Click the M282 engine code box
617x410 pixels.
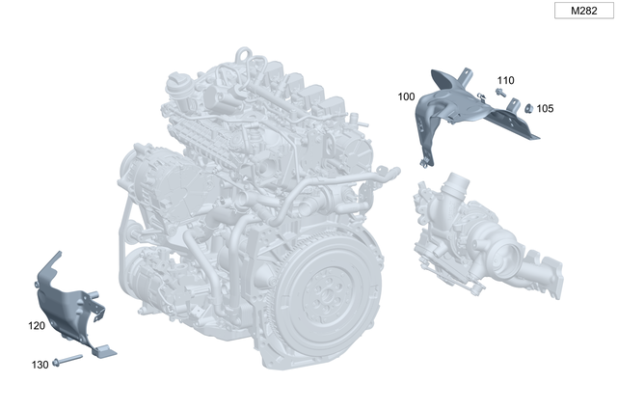[x=584, y=11]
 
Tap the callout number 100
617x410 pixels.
[x=406, y=96]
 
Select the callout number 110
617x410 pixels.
[x=505, y=80]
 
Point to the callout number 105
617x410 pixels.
[x=545, y=108]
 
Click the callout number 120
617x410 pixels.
[x=37, y=326]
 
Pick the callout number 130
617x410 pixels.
[x=40, y=365]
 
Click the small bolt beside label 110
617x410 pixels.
[x=500, y=93]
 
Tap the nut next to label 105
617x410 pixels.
[x=529, y=108]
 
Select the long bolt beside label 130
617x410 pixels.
[x=67, y=360]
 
